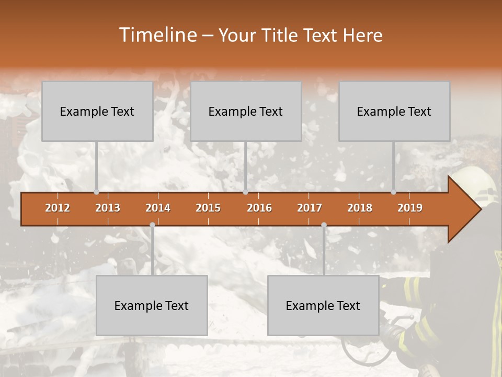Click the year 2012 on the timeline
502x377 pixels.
click(x=58, y=208)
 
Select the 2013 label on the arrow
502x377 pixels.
click(x=108, y=208)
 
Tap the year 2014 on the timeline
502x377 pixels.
click(x=158, y=208)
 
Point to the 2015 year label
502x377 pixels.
click(x=208, y=208)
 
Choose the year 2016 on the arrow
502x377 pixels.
click(x=259, y=208)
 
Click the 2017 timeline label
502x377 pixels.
click(x=310, y=208)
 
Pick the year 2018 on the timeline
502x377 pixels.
click(x=360, y=208)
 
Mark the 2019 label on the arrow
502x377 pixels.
click(x=410, y=208)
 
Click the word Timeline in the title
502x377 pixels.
click(x=157, y=35)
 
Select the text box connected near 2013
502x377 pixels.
click(x=97, y=111)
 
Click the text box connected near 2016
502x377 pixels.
click(x=246, y=111)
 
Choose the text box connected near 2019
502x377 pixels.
click(x=394, y=111)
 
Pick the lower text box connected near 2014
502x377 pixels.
click(x=152, y=305)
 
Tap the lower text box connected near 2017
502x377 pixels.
click(x=323, y=305)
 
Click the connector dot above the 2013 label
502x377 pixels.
click(x=96, y=192)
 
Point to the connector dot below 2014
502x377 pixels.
click(x=152, y=225)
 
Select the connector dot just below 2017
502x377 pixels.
click(x=324, y=225)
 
